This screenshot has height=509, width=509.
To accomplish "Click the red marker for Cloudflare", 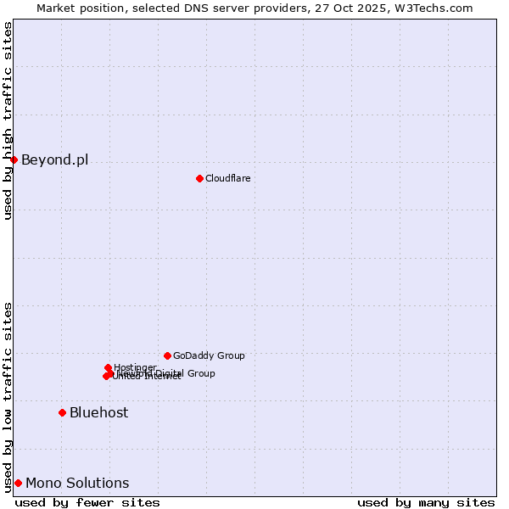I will click(x=199, y=178).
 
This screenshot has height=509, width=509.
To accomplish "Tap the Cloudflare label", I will click(x=227, y=178).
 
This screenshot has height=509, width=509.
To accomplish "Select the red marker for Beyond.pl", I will click(x=14, y=159).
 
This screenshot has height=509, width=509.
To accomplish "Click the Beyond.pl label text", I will click(x=54, y=159).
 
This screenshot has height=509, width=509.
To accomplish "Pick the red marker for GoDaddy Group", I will click(x=167, y=355).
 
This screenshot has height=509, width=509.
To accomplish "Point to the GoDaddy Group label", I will click(x=209, y=356).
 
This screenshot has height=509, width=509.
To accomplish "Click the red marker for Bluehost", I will click(x=62, y=412).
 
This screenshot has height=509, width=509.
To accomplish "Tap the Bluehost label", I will click(x=98, y=412).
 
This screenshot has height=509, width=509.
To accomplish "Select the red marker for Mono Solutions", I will click(x=18, y=483).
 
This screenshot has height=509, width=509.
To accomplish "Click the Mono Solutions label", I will click(x=77, y=484).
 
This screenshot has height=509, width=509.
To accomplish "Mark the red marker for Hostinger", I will click(x=108, y=367).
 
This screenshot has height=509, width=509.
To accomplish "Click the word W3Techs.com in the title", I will click(x=437, y=8).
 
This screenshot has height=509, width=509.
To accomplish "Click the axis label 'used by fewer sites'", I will click(x=87, y=502).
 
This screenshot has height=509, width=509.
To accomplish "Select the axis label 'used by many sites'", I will click(x=426, y=502).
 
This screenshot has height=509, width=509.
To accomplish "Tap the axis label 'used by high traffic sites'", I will click(x=8, y=120).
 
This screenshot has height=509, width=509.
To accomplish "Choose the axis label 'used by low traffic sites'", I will click(x=8, y=396).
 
